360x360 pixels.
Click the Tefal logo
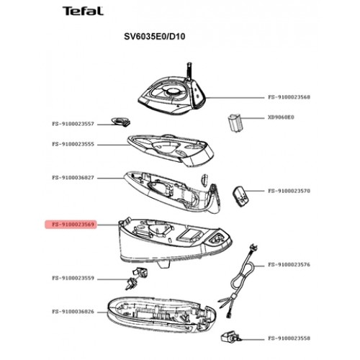pos(83,11)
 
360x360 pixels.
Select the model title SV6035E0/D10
pos(155,37)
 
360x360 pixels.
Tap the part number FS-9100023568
pos(289,97)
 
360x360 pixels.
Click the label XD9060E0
pos(281,117)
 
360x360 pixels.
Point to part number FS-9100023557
pos(73,124)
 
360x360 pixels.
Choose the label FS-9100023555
pos(73,144)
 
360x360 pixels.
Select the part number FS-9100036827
pos(73,178)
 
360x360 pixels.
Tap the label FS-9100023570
pos(289,191)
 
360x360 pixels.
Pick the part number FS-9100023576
pos(289,265)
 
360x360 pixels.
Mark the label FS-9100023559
pos(73,278)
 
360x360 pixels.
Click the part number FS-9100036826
pos(73,312)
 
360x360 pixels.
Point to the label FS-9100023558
pos(289,338)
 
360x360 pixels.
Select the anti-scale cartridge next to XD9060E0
pos(234,123)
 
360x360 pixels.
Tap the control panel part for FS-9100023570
pos(240,197)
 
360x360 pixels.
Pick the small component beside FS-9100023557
pos(121,122)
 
